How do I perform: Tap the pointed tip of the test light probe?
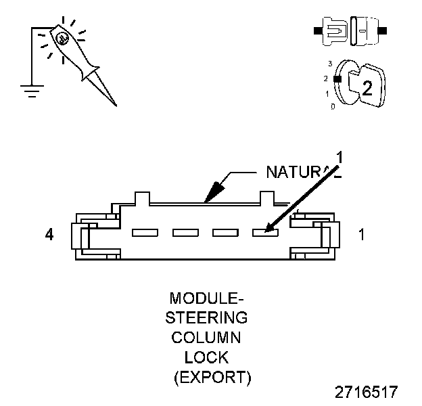115,105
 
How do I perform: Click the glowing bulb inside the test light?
60,39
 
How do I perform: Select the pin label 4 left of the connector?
49,235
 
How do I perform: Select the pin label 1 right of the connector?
362,235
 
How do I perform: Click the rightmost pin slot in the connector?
264,233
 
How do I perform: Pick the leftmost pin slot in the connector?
145,233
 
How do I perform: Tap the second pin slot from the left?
185,233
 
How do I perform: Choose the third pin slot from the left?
225,233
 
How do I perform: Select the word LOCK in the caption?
207,357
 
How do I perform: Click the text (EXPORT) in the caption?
212,377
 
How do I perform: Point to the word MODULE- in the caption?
207,298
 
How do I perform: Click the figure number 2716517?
366,392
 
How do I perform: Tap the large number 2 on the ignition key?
367,88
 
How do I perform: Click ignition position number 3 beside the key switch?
330,64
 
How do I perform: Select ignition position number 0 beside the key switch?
332,106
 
